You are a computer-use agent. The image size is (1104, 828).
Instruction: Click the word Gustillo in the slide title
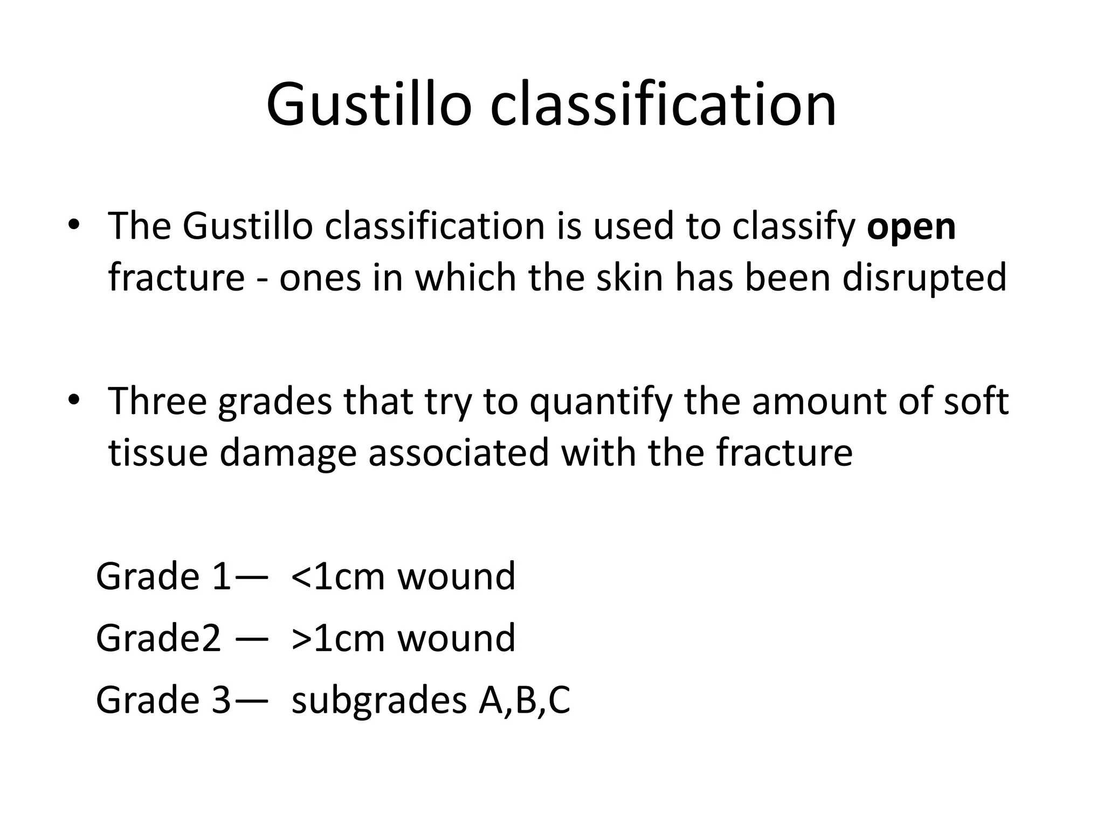click(369, 105)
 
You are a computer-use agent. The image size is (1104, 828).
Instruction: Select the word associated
click(458, 453)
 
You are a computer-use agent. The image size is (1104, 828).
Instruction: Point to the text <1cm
click(337, 577)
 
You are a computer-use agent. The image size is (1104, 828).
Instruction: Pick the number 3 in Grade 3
click(220, 701)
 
